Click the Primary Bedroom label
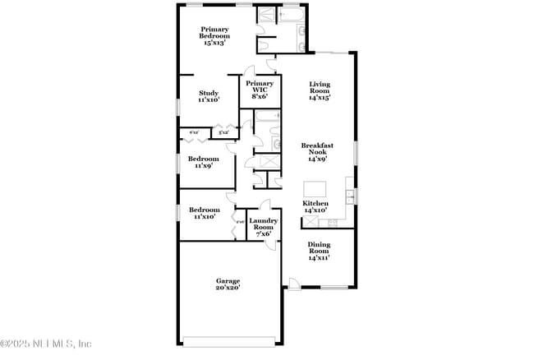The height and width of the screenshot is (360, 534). click(x=214, y=32)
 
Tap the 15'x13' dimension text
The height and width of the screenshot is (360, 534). click(x=214, y=43)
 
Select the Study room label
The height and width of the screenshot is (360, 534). click(x=208, y=93)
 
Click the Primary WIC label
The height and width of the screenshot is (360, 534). click(x=260, y=86)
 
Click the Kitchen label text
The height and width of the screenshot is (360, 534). click(x=315, y=203)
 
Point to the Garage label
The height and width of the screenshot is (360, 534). click(x=228, y=281)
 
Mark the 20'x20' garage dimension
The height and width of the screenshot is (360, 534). click(x=228, y=288)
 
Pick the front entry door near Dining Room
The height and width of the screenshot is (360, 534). click(x=293, y=284)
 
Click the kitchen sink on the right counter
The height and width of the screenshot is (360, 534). click(x=351, y=196)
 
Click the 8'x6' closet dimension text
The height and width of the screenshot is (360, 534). click(x=260, y=96)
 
